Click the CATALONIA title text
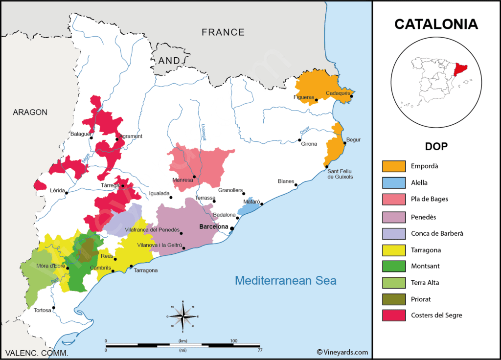pyautogui.click(x=436, y=24)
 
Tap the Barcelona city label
pyautogui.click(x=214, y=227)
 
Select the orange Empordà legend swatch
pyautogui.click(x=394, y=166)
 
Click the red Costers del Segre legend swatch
pyautogui.click(x=394, y=315)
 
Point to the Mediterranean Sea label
pyautogui.click(x=285, y=281)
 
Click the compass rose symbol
pyautogui.click(x=182, y=316)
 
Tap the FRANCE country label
pyautogui.click(x=223, y=32)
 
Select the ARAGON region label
pyautogui.click(x=30, y=112)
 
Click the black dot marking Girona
pyautogui.click(x=299, y=140)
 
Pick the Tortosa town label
pyautogui.click(x=43, y=310)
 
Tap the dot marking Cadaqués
pyautogui.click(x=351, y=96)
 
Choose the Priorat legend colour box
pyautogui.click(x=394, y=298)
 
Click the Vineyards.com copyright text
pyautogui.click(x=342, y=352)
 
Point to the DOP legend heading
pyautogui.click(x=435, y=146)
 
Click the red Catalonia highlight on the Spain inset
pyautogui.click(x=460, y=70)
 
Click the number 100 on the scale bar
pyautogui.click(x=233, y=340)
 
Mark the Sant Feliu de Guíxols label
pyautogui.click(x=340, y=173)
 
